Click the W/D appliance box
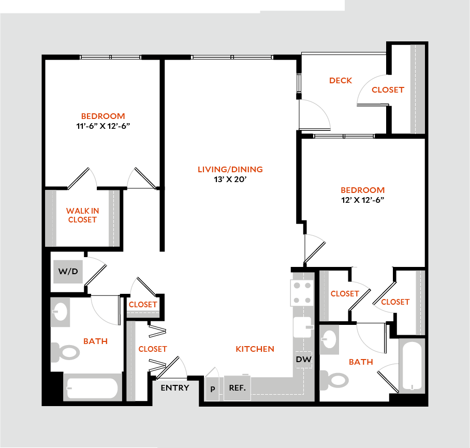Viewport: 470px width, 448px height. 68,272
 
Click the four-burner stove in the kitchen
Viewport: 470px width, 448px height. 302,293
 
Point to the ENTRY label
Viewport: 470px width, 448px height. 175,388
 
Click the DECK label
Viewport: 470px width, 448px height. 341,80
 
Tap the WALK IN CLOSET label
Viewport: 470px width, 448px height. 82,215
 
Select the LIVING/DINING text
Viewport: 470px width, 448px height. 230,169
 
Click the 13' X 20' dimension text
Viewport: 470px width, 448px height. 230,180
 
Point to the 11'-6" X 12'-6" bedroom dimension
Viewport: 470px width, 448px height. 103,126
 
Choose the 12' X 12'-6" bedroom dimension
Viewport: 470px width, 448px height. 362,200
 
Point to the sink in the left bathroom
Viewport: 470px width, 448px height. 61,312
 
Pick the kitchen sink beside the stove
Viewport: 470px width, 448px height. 302,327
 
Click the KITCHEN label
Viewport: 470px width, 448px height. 255,349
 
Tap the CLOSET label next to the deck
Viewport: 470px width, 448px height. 388,89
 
